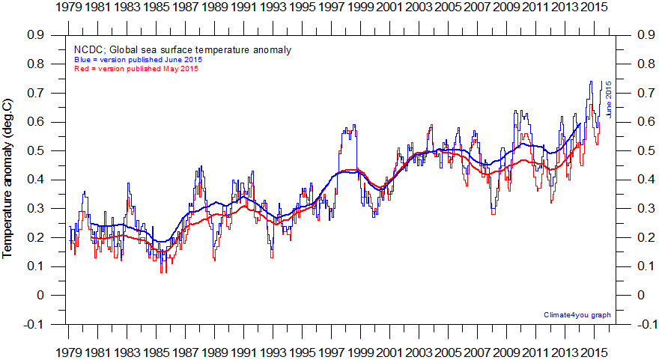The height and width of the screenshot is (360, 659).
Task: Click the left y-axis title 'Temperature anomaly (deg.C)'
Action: pos(8,177)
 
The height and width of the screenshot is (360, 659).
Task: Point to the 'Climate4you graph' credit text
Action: pos(577,315)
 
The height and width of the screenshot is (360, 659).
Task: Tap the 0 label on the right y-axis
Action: pos(640,296)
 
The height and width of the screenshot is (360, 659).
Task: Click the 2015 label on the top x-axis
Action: pos(593,7)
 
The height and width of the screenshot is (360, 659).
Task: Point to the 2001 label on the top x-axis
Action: pos(389,7)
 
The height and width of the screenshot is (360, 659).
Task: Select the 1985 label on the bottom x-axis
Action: pos(157,352)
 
